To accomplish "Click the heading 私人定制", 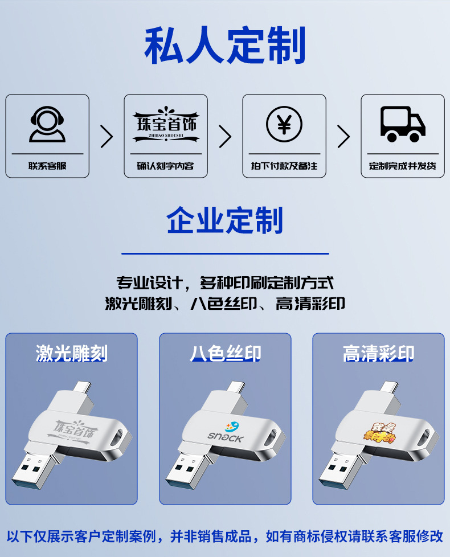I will [x=225, y=46].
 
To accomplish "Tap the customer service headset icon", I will [x=47, y=124].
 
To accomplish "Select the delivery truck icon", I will [x=402, y=124].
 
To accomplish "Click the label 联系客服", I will [x=47, y=166].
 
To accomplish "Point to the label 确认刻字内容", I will [x=166, y=166].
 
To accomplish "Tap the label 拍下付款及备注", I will [x=284, y=166].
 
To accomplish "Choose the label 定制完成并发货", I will [x=403, y=166].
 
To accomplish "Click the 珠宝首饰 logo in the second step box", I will [x=166, y=124].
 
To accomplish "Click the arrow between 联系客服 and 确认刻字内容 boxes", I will [x=107, y=136].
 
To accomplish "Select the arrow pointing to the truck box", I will [x=343, y=136].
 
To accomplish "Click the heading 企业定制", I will [x=225, y=221].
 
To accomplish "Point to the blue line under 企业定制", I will [x=225, y=253].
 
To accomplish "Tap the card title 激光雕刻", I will [x=71, y=353].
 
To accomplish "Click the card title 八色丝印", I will [x=225, y=353].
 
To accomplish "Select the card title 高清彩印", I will [x=378, y=353].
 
